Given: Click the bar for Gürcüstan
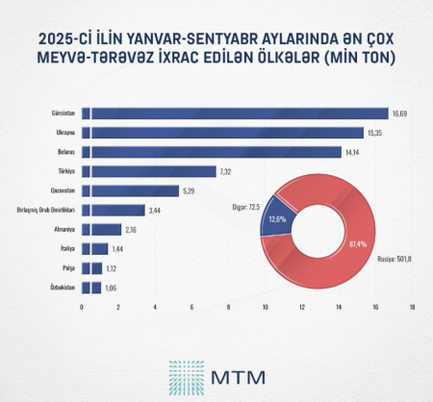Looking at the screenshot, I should click(x=236, y=113).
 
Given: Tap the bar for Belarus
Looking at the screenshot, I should click(x=212, y=152).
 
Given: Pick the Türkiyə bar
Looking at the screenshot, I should click(x=149, y=171).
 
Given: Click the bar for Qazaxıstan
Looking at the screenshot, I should click(x=131, y=190).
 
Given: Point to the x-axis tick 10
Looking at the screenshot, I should click(x=266, y=308).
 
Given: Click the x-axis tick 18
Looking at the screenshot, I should click(x=412, y=308).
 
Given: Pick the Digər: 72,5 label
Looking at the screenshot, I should click(x=245, y=206).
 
